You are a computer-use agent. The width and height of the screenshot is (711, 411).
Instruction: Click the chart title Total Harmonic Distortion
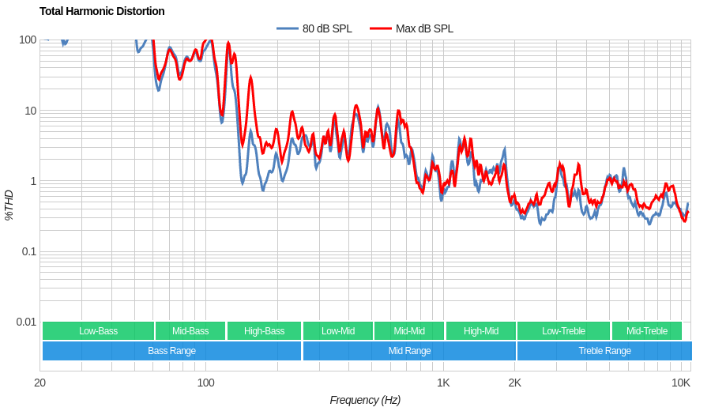click(102, 11)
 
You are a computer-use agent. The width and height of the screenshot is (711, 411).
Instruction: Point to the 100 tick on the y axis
click(28, 40)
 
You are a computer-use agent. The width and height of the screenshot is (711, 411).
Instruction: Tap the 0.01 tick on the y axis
click(26, 322)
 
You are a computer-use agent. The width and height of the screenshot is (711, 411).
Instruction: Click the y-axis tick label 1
click(33, 181)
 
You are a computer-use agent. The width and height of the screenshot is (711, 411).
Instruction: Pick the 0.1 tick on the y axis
click(28, 251)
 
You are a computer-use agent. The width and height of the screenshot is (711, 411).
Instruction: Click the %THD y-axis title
click(9, 205)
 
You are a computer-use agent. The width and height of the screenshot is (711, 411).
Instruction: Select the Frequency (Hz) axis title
click(365, 400)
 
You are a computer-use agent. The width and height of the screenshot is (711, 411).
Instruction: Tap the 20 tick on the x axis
click(39, 383)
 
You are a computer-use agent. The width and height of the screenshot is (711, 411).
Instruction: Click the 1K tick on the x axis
click(443, 383)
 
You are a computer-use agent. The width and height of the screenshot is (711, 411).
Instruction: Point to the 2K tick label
click(514, 383)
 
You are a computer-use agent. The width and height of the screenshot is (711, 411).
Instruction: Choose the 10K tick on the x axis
click(681, 383)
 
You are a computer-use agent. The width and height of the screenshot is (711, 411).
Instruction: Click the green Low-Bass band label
click(98, 331)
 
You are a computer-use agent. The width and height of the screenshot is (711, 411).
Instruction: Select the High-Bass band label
click(264, 331)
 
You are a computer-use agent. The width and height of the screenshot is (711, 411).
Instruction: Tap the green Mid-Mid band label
click(409, 331)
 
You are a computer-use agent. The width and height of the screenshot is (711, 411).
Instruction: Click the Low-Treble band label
click(563, 331)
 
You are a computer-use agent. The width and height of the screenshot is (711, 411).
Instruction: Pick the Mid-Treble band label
click(646, 331)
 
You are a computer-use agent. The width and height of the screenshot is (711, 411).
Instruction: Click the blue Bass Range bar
click(171, 351)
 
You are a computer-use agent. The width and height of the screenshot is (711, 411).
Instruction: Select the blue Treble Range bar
click(604, 351)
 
